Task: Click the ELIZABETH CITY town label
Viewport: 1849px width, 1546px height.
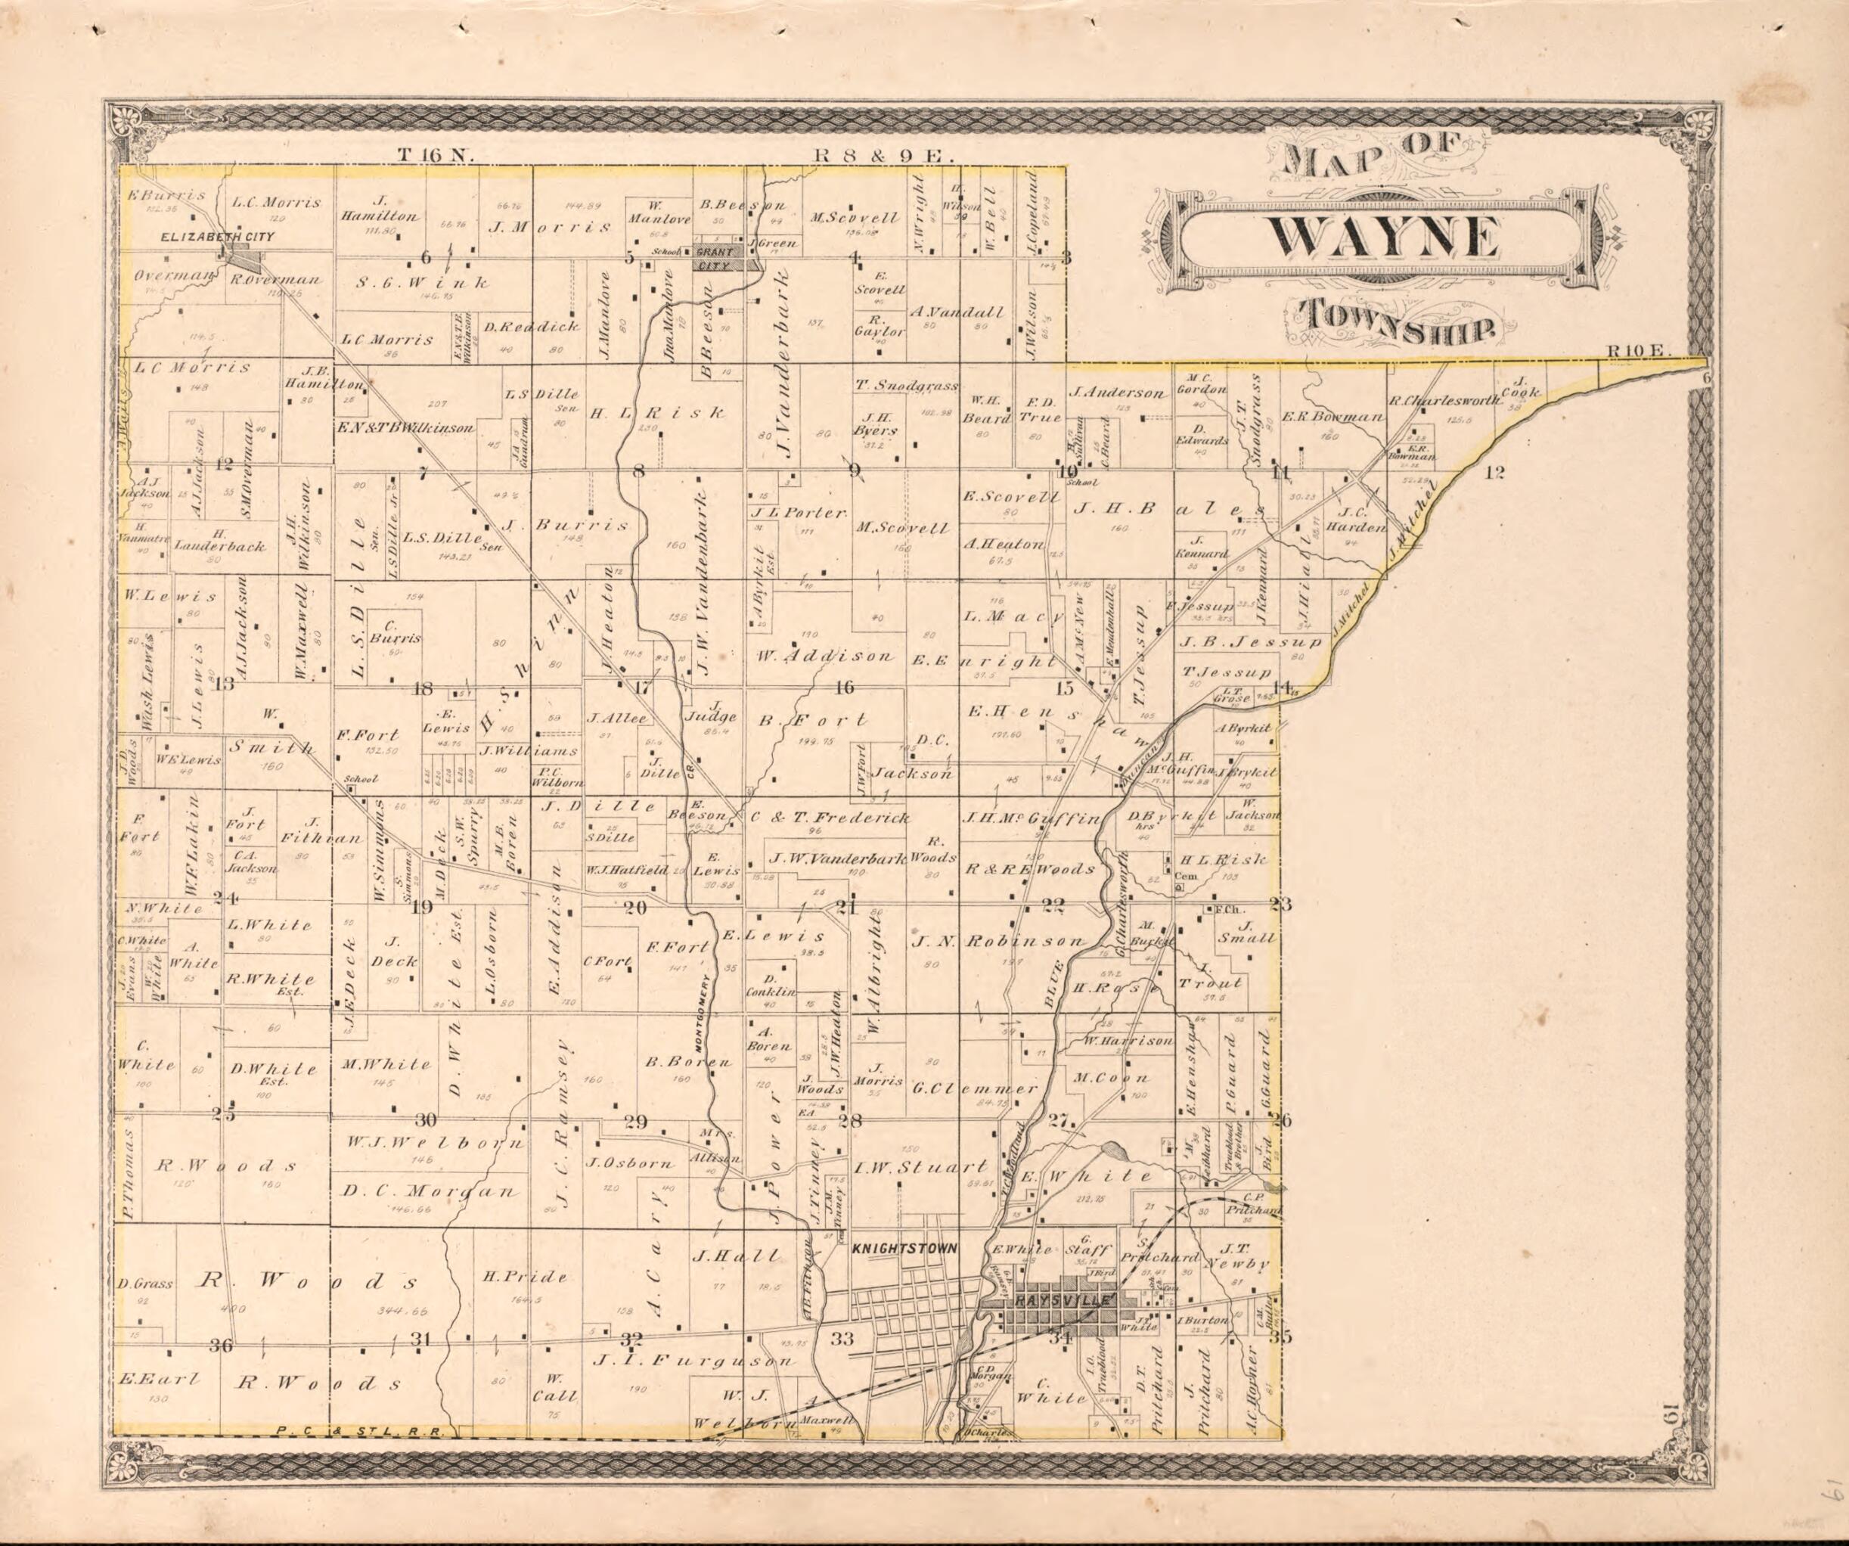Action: (216, 237)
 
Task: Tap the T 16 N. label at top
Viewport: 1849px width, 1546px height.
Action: (436, 155)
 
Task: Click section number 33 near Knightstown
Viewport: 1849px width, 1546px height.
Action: (842, 1339)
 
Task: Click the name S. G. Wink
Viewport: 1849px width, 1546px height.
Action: (422, 284)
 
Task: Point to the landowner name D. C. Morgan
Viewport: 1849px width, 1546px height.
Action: (429, 1191)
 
